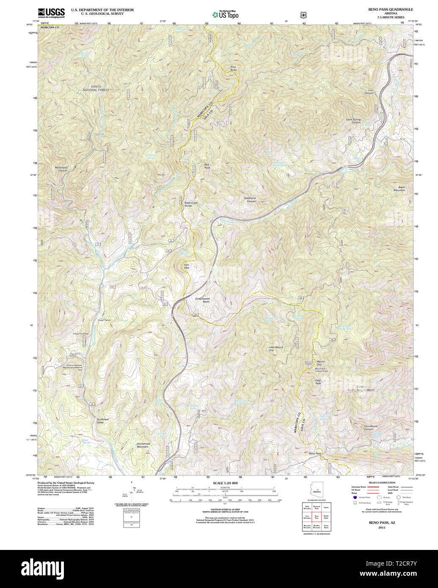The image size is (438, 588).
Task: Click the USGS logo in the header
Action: coord(51,13)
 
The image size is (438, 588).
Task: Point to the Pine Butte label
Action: coord(233,68)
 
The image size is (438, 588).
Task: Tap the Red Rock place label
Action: coord(207,166)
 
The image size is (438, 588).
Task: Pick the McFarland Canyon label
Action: coord(61,168)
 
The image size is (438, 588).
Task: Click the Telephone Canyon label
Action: coord(250,199)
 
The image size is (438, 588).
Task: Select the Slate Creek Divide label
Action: coord(191,204)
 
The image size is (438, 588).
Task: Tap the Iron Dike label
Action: coord(186,267)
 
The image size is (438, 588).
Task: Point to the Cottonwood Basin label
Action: coord(202,300)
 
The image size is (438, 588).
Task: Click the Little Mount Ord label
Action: coord(276,349)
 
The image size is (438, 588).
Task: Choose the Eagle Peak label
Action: coord(318,382)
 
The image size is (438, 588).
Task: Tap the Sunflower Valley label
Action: coord(103,420)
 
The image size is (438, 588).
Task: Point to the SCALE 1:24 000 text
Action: coord(225,483)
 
